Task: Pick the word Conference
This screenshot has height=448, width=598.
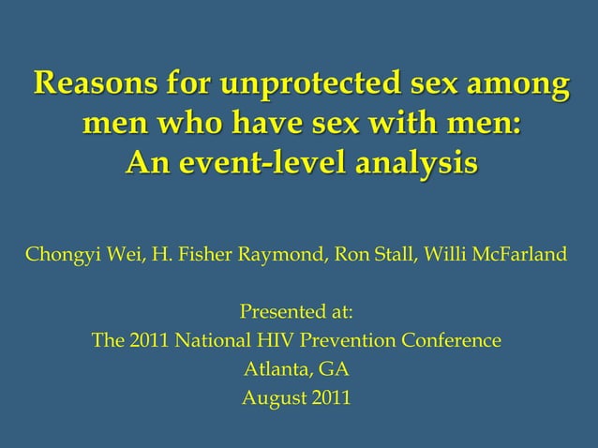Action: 450,340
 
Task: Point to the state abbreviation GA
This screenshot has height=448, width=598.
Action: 335,369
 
